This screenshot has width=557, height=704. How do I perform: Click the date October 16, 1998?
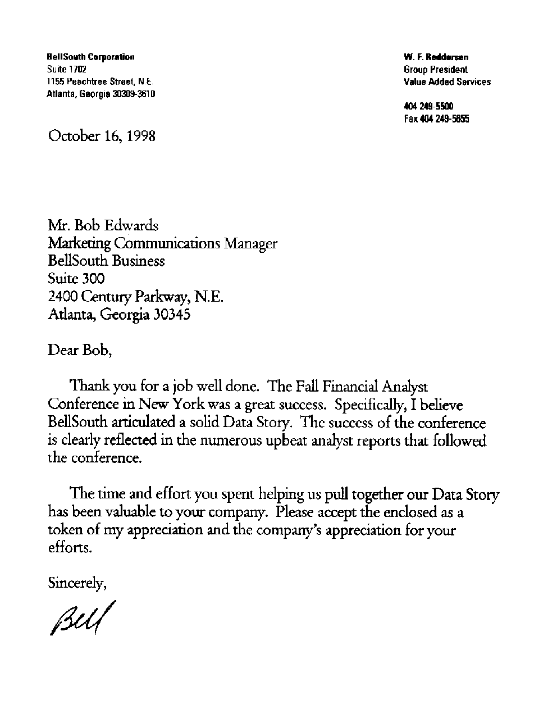click(102, 137)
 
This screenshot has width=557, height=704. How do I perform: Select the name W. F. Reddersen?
click(436, 57)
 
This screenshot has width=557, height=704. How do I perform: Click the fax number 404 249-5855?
click(436, 119)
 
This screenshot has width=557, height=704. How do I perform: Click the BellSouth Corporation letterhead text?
click(90, 57)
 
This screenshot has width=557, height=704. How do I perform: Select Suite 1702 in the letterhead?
click(66, 69)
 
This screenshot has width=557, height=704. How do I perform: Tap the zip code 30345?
click(172, 314)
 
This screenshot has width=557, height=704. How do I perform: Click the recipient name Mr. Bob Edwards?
click(103, 226)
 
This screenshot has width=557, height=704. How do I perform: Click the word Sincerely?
click(77, 583)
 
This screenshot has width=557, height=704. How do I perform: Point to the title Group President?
click(435, 70)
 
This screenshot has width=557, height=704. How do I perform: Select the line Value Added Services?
click(447, 82)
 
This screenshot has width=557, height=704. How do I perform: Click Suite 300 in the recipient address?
click(76, 279)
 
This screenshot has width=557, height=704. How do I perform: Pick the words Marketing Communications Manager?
click(163, 244)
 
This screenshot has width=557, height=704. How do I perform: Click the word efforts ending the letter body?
click(69, 547)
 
